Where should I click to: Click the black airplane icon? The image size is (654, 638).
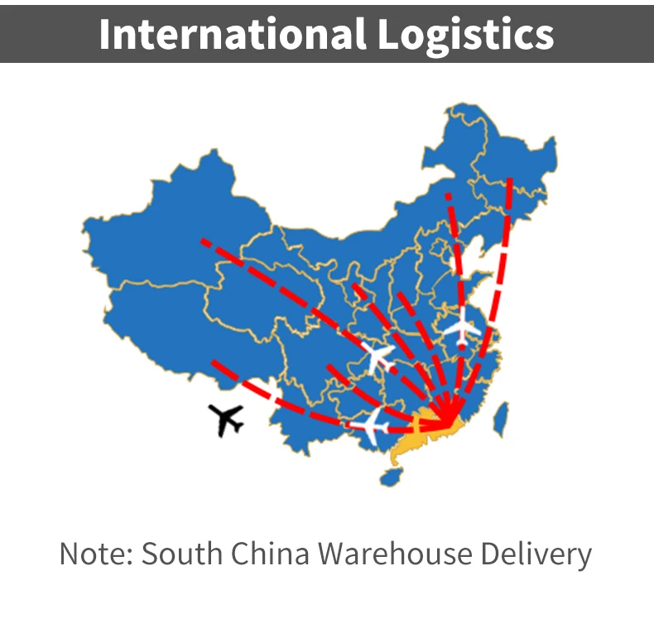click(226, 420)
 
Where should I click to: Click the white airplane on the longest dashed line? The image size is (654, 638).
click(378, 356)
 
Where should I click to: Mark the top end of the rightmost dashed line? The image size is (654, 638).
click(510, 180)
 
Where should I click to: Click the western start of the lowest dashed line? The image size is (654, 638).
click(214, 362)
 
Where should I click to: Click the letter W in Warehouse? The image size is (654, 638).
click(330, 554)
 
